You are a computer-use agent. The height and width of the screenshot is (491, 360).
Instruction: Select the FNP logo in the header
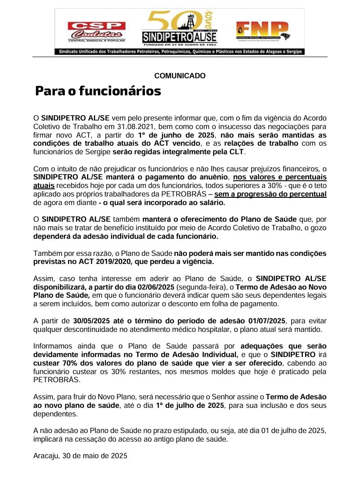262,31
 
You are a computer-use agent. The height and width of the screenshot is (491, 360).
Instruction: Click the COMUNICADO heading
180,76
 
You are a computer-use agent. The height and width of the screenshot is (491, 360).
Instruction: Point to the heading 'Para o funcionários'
98,91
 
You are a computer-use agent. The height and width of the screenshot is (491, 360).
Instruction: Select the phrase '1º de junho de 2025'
177,135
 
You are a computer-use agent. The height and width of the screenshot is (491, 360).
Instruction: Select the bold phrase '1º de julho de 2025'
189,406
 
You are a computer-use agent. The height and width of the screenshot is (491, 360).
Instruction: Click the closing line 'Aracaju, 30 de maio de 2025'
80,456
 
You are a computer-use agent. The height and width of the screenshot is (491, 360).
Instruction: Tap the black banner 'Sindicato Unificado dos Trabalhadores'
180,52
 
